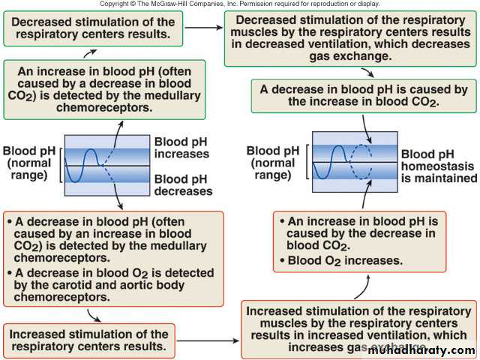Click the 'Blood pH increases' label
(x=181, y=148)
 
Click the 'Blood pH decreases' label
(x=183, y=184)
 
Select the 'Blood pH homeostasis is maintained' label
(x=439, y=165)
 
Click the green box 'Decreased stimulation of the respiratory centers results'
(x=91, y=26)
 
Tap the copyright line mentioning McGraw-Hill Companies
(x=240, y=4)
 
